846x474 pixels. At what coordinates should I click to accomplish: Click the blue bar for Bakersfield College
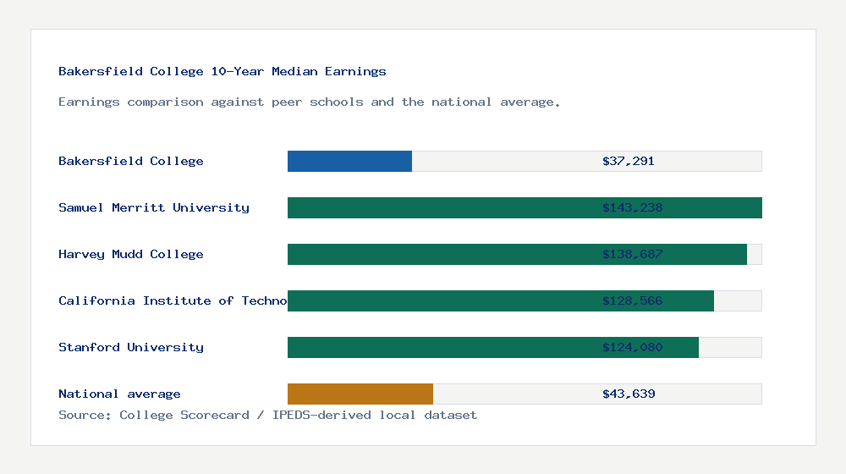[349, 161]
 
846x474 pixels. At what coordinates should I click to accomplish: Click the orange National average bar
[360, 394]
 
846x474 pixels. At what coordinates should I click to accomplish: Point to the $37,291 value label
[628, 161]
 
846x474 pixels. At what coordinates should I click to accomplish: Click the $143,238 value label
[632, 207]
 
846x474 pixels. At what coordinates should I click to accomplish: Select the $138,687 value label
[632, 254]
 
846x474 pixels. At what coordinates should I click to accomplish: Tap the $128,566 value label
[632, 300]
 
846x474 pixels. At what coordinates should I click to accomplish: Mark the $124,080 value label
[632, 347]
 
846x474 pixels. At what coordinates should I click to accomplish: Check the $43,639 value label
[628, 394]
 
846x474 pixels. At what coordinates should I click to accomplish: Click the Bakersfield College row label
[131, 161]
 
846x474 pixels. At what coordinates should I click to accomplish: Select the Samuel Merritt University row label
[154, 207]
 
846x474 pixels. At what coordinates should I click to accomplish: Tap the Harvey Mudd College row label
[131, 254]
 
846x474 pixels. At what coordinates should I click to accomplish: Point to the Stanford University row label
[131, 347]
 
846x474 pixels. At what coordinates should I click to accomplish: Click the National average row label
[119, 394]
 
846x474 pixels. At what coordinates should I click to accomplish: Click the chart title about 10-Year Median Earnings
[222, 71]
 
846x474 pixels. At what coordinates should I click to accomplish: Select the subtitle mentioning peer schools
[310, 102]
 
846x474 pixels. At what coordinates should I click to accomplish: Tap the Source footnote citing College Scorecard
[267, 415]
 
